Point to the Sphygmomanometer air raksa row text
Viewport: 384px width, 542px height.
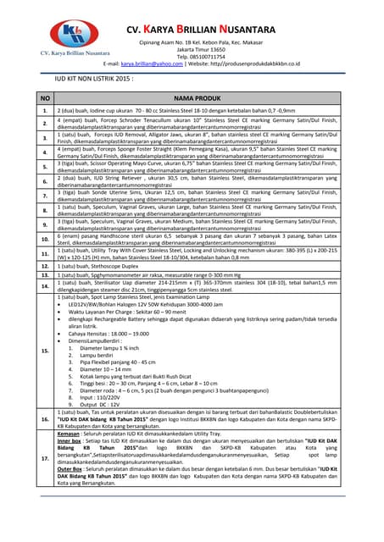(x=144, y=275)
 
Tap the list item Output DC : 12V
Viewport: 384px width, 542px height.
(x=101, y=403)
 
